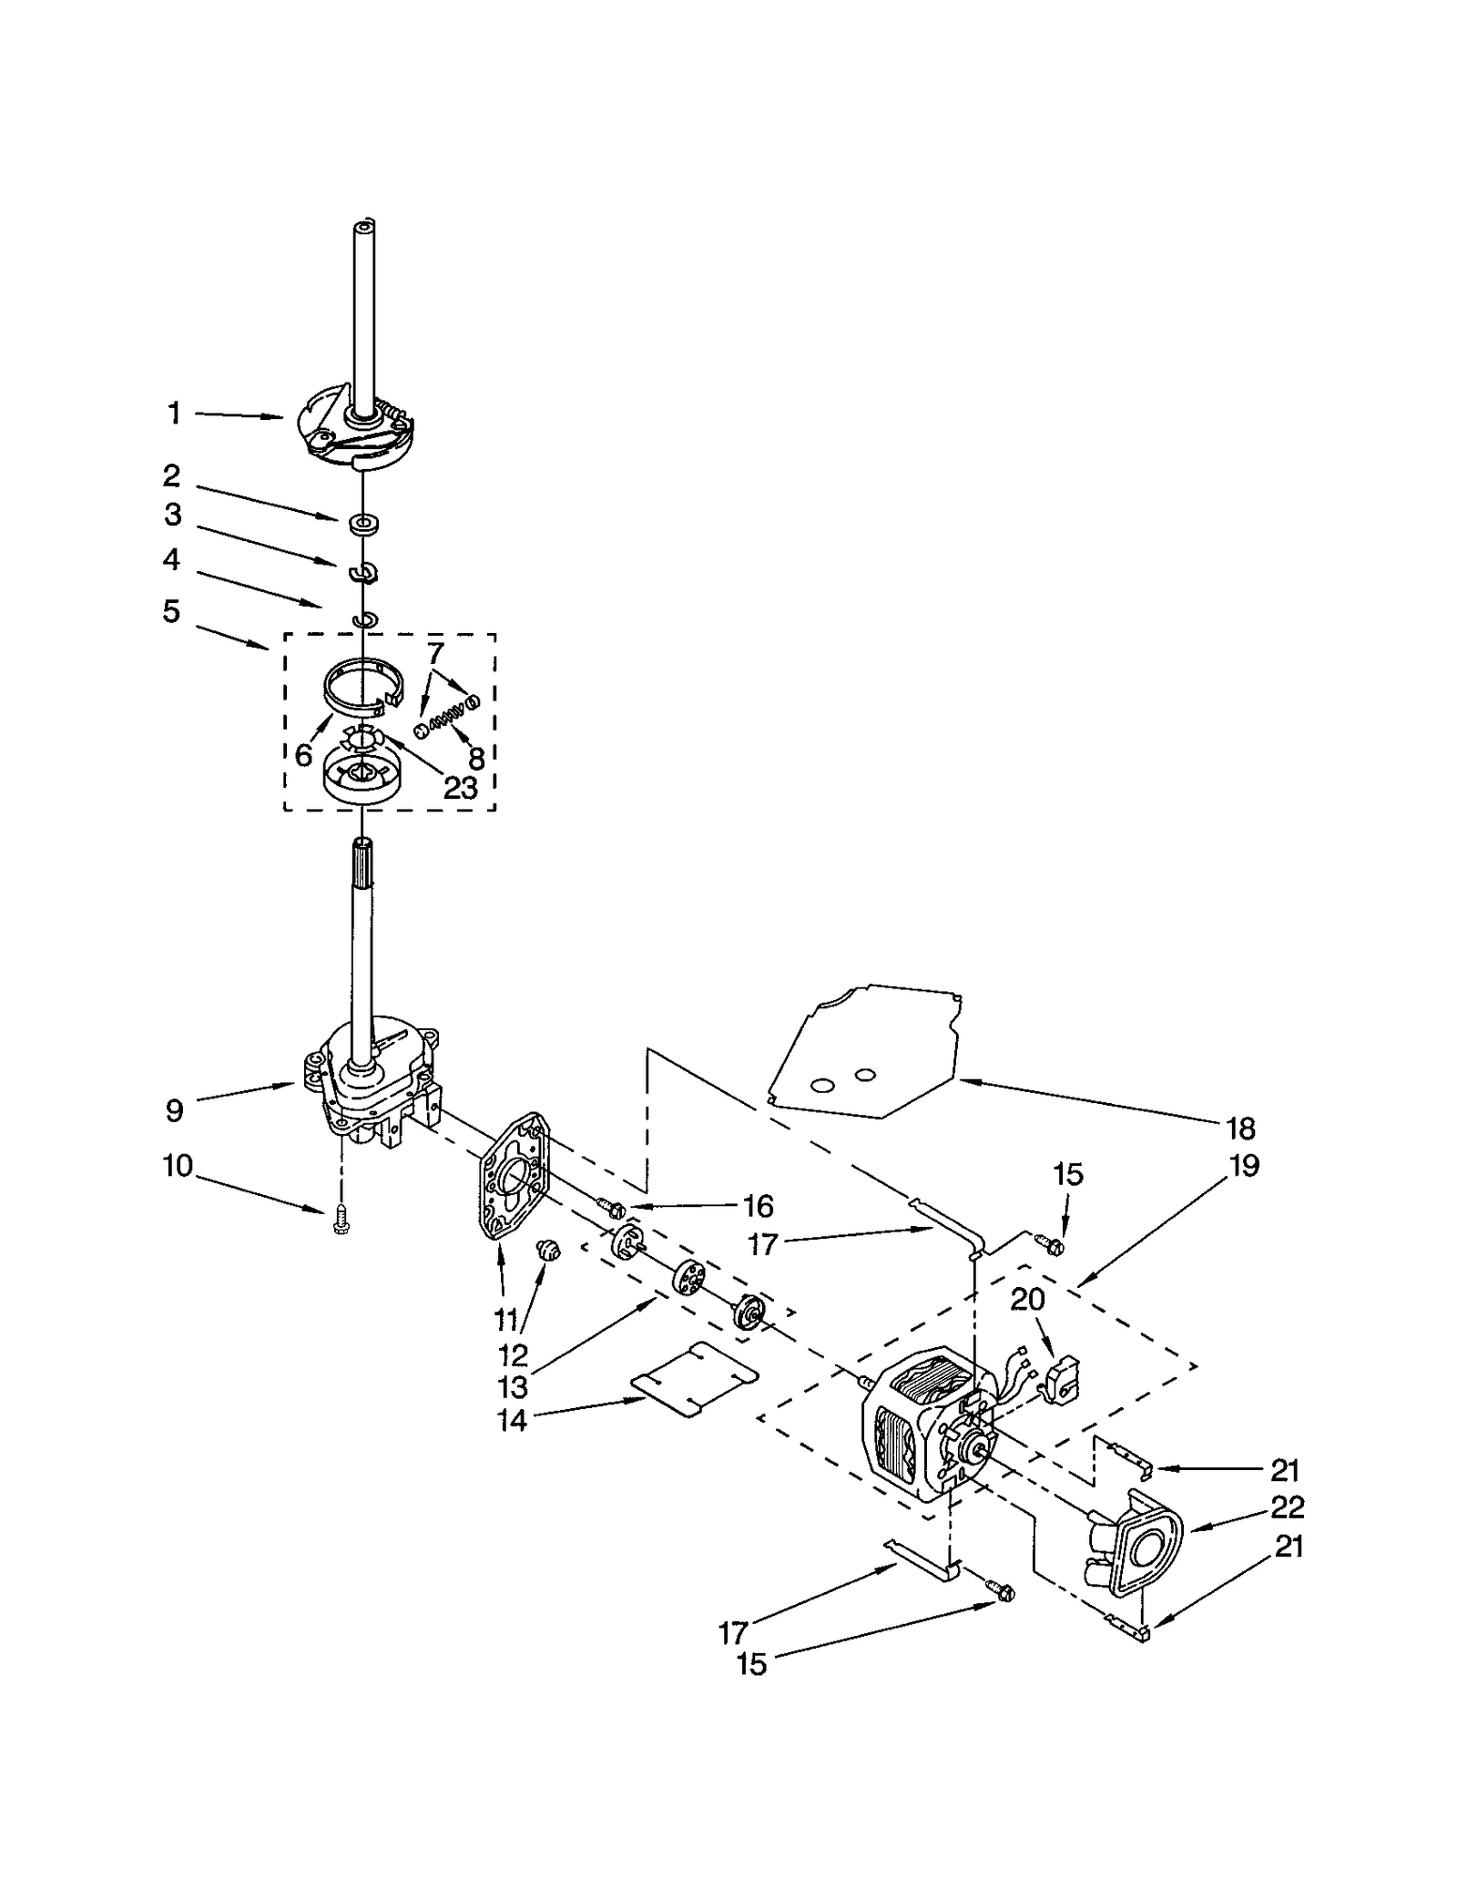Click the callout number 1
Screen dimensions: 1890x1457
pos(174,414)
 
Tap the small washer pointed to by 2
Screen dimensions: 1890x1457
pos(364,524)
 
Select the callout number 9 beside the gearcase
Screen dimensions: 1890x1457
pos(174,1110)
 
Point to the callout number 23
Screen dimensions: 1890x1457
pos(460,788)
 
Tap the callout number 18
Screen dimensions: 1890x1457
pos(1240,1129)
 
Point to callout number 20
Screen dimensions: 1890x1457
pos(1027,1299)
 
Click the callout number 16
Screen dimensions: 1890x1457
pos(758,1206)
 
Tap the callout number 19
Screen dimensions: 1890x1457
pos(1244,1166)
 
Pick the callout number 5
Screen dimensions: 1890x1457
pos(171,611)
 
